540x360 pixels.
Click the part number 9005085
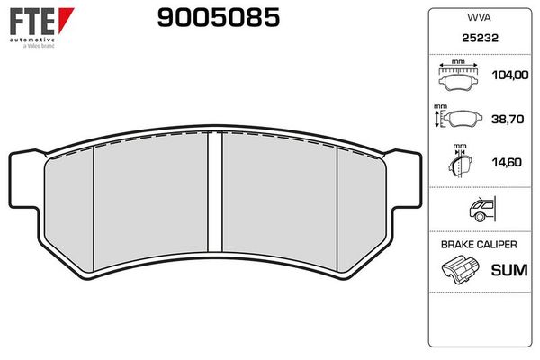pos(219,17)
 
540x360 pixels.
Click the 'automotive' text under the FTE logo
pos(31,41)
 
